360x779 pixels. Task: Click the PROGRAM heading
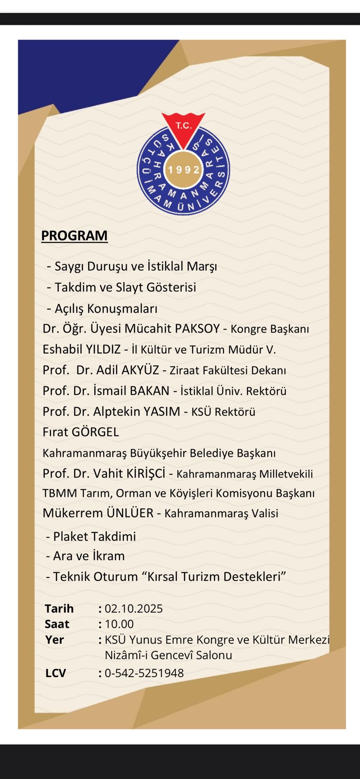click(x=74, y=235)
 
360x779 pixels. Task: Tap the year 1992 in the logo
click(x=184, y=170)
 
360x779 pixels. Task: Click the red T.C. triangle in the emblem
click(x=184, y=128)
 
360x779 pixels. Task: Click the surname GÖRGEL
click(x=95, y=432)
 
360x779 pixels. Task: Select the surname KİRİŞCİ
click(x=146, y=474)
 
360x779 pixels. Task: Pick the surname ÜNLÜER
click(x=130, y=513)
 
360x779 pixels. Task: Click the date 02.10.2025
click(x=133, y=609)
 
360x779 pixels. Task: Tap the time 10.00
click(x=119, y=624)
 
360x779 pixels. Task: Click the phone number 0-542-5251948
click(x=144, y=673)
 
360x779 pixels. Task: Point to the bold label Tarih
click(x=59, y=609)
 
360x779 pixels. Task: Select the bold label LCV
click(x=56, y=673)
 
